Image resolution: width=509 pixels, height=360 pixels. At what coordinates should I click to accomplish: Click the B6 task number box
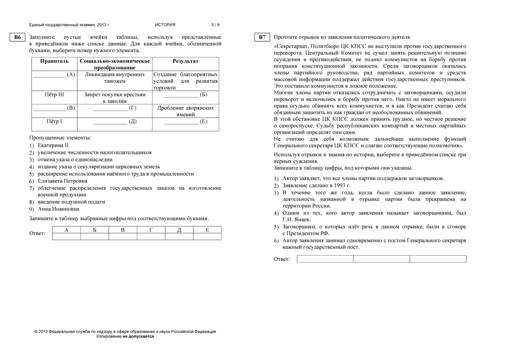[x=17, y=37]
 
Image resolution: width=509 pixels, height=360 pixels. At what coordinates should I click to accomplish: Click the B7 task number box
[x=263, y=37]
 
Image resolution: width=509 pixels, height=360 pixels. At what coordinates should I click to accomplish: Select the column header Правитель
[x=54, y=61]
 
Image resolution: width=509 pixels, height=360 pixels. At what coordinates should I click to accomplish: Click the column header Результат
[x=185, y=61]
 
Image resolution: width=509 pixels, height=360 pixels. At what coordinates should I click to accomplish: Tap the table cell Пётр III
[x=54, y=95]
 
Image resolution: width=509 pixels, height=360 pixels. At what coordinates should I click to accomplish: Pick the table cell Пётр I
[x=54, y=122]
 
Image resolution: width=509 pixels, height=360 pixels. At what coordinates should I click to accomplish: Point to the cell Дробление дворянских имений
[x=185, y=111]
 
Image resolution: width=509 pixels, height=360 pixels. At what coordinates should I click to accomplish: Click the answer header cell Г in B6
[x=151, y=230]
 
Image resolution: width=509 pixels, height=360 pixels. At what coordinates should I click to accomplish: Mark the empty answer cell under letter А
[x=66, y=237]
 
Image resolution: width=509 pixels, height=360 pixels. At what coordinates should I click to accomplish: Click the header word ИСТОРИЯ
[x=165, y=25]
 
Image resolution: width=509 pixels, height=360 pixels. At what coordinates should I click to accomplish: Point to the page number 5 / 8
[x=215, y=25]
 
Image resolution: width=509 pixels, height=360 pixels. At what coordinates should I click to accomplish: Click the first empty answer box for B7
[x=325, y=259]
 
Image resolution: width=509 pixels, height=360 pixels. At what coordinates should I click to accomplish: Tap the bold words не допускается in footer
[x=138, y=336]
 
